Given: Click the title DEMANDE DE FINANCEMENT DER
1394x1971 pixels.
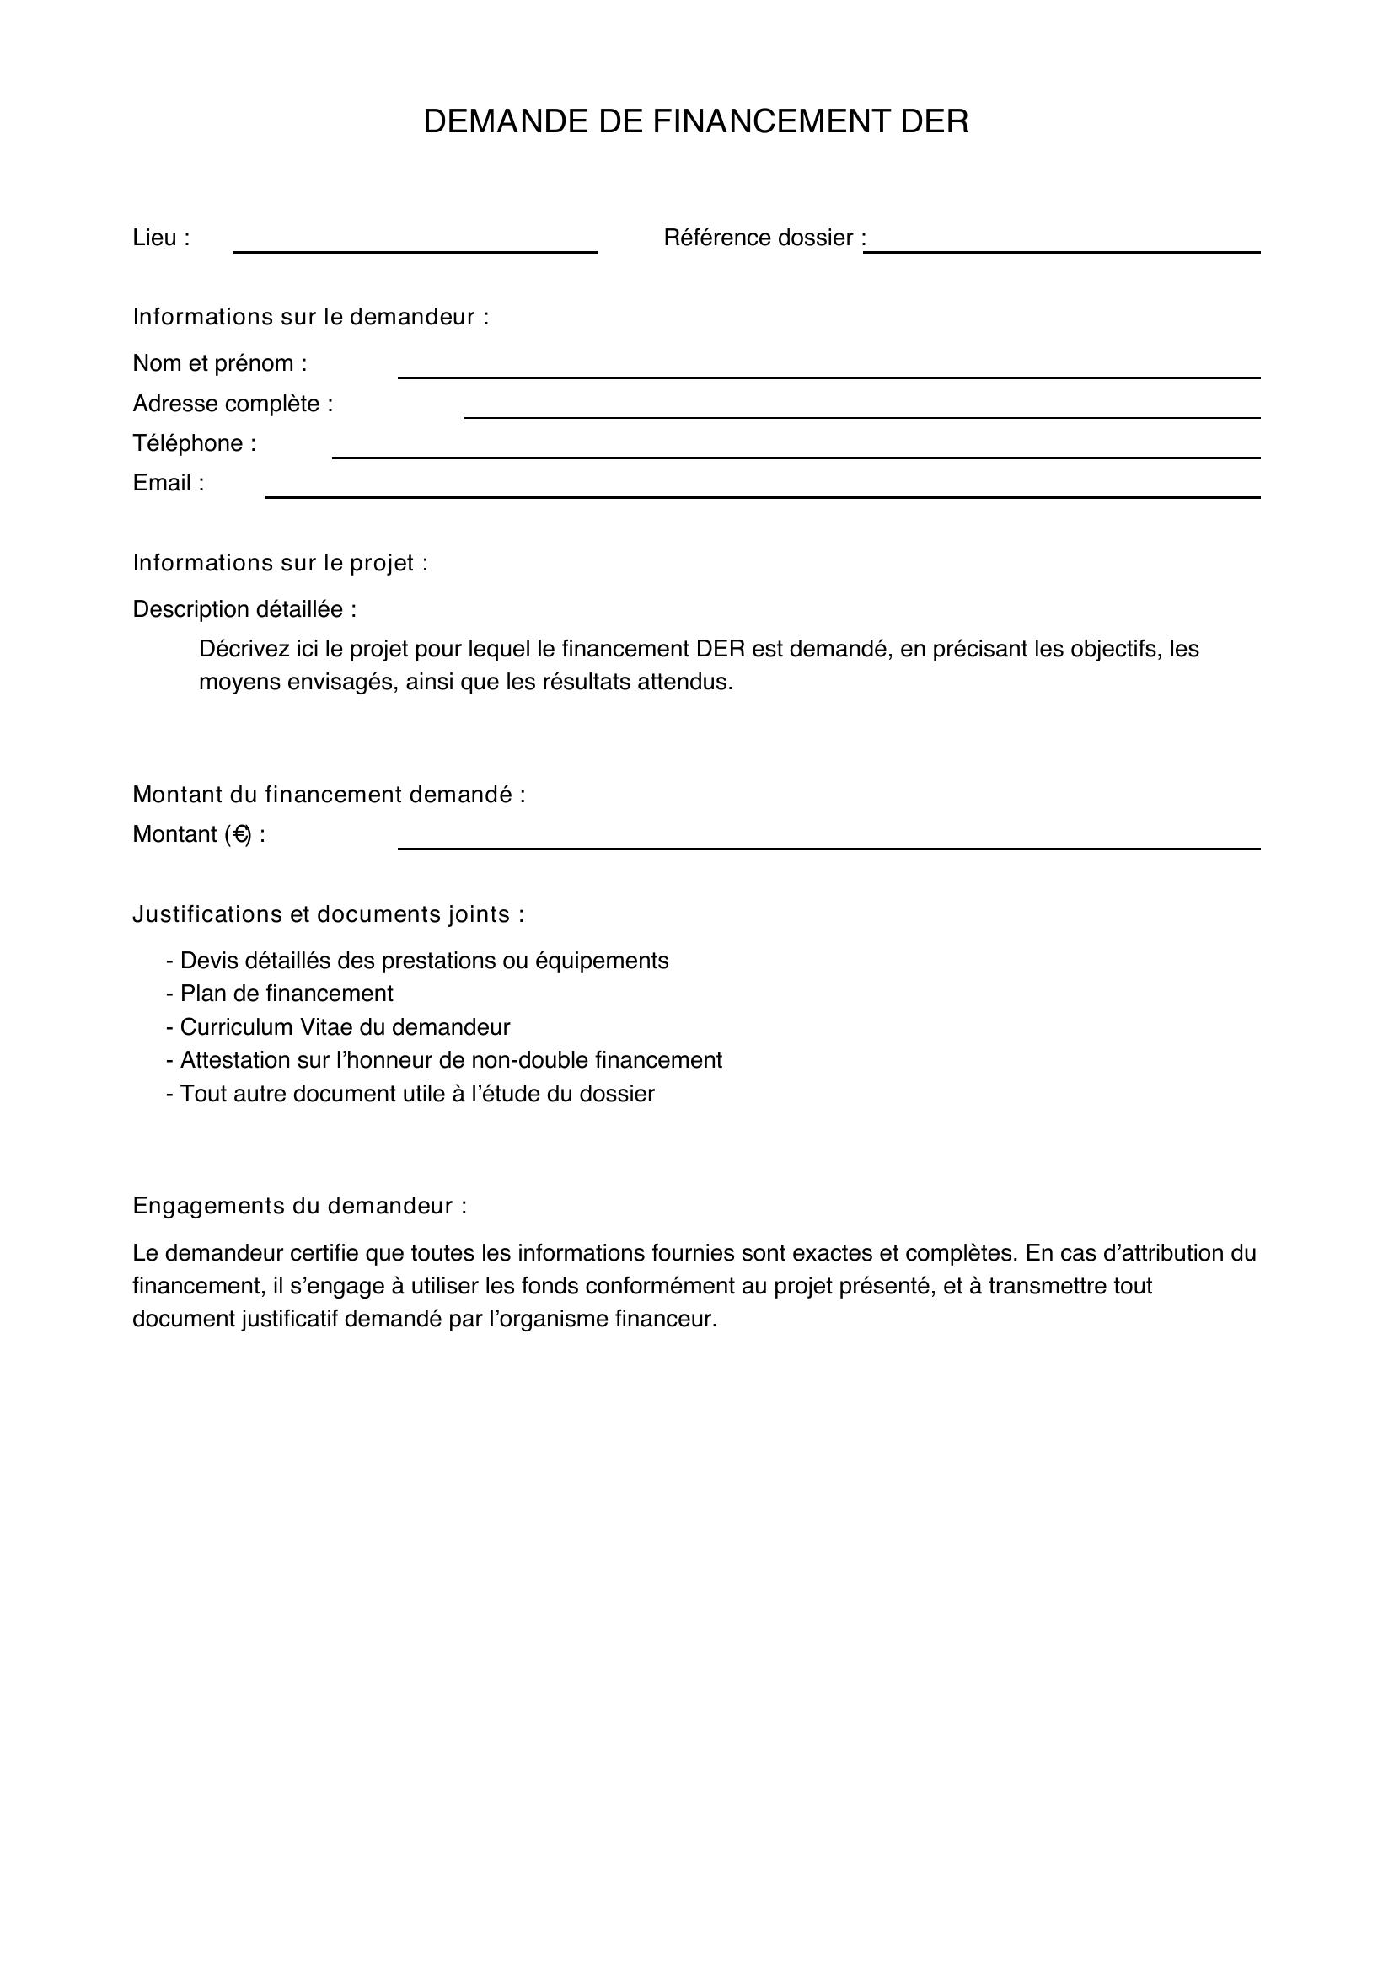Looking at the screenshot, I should pyautogui.click(x=695, y=122).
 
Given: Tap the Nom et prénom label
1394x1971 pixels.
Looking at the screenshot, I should pyautogui.click(x=220, y=363).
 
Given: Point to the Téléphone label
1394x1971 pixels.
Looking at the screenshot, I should pyautogui.click(x=194, y=443).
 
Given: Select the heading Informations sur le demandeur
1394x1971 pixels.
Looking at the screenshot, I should pyautogui.click(x=311, y=317).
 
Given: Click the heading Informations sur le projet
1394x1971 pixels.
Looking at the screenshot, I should pyautogui.click(x=280, y=562).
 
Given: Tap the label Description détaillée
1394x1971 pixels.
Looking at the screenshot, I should pyautogui.click(x=244, y=608).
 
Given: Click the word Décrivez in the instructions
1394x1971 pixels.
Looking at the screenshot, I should pyautogui.click(x=244, y=648).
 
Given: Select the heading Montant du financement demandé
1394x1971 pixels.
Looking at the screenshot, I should pyautogui.click(x=329, y=794).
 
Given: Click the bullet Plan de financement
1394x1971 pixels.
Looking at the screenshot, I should pyautogui.click(x=280, y=994).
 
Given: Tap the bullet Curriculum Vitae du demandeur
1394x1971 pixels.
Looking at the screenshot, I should pyautogui.click(x=338, y=1026).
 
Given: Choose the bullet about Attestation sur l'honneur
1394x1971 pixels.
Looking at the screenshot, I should pyautogui.click(x=445, y=1060).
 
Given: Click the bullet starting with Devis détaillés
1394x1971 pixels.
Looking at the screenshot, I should pyautogui.click(x=417, y=960).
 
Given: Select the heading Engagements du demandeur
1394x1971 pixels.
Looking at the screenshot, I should pyautogui.click(x=299, y=1206).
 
